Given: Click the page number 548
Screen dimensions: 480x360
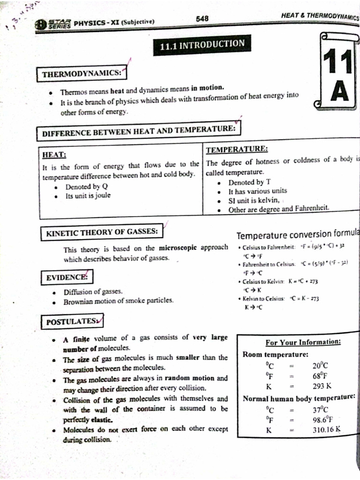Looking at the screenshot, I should pos(202,18).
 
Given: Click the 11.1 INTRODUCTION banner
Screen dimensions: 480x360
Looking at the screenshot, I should pos(202,45).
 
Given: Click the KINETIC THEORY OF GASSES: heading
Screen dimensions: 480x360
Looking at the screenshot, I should pos(102,232).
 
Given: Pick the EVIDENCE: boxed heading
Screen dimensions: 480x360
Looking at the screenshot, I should pos(67,277).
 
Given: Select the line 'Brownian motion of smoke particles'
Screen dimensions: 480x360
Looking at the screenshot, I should pos(118,300).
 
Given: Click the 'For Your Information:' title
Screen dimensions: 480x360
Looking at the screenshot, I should pos(303,343).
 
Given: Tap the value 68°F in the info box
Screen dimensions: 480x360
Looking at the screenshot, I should pos(320,376).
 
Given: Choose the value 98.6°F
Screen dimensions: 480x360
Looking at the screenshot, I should pos(322,420).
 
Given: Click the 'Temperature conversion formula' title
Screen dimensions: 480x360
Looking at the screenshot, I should pos(297,235).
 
